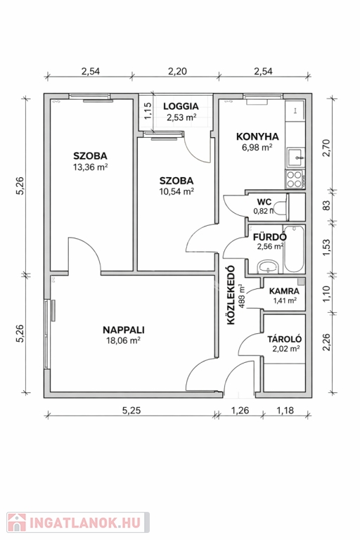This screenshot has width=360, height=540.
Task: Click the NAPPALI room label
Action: pyautogui.click(x=123, y=330)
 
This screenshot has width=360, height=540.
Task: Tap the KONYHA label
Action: pyautogui.click(x=257, y=136)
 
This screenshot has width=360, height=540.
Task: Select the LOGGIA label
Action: pyautogui.click(x=181, y=106)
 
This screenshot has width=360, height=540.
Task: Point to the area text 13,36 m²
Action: pyautogui.click(x=90, y=167)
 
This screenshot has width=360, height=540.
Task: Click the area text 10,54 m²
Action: pyautogui.click(x=176, y=191)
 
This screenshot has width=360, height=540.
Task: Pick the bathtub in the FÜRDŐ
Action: pyautogui.click(x=294, y=249)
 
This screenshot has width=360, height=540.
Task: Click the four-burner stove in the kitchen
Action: pyautogui.click(x=294, y=179)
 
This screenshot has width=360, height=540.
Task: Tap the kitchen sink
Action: pyautogui.click(x=295, y=157)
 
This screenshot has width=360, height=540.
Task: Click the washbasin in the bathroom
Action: pyautogui.click(x=268, y=266)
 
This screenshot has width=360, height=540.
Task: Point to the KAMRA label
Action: pyautogui.click(x=284, y=291)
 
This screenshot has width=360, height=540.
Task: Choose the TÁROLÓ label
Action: pyautogui.click(x=285, y=339)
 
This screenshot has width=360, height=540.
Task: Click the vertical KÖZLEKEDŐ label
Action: pyautogui.click(x=231, y=295)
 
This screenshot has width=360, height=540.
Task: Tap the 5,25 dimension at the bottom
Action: pyautogui.click(x=131, y=410)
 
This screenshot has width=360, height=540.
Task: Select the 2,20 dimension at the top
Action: pyautogui.click(x=177, y=71)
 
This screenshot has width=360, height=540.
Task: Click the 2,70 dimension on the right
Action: pyautogui.click(x=326, y=148)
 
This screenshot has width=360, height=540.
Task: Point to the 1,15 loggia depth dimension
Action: pyautogui.click(x=148, y=111)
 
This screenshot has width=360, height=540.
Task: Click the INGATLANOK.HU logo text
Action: pyautogui.click(x=85, y=523)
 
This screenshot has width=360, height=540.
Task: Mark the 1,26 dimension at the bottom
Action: pyautogui.click(x=240, y=410)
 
